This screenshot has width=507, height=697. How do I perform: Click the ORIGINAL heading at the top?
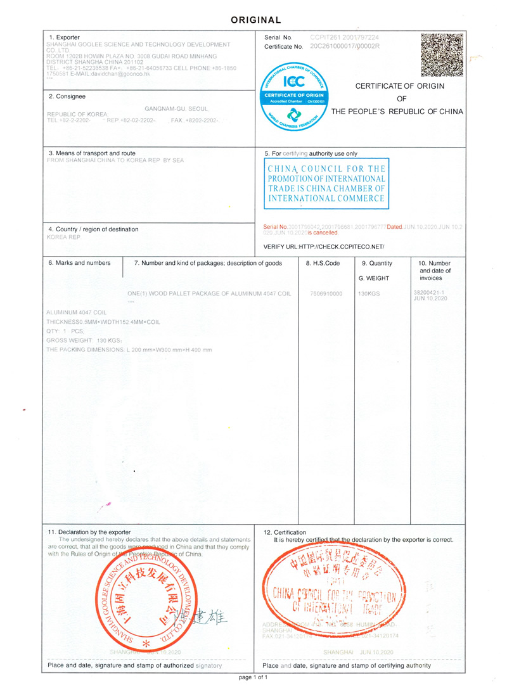(255, 20)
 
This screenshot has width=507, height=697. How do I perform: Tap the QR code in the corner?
(442, 54)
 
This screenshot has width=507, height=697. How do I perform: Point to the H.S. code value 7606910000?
(326, 294)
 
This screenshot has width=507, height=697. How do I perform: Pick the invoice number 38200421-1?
(430, 292)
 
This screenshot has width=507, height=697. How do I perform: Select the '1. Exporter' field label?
(65, 37)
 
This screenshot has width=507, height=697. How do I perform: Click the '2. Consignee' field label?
(67, 96)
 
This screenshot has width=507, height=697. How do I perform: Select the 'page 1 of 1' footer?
(253, 677)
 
